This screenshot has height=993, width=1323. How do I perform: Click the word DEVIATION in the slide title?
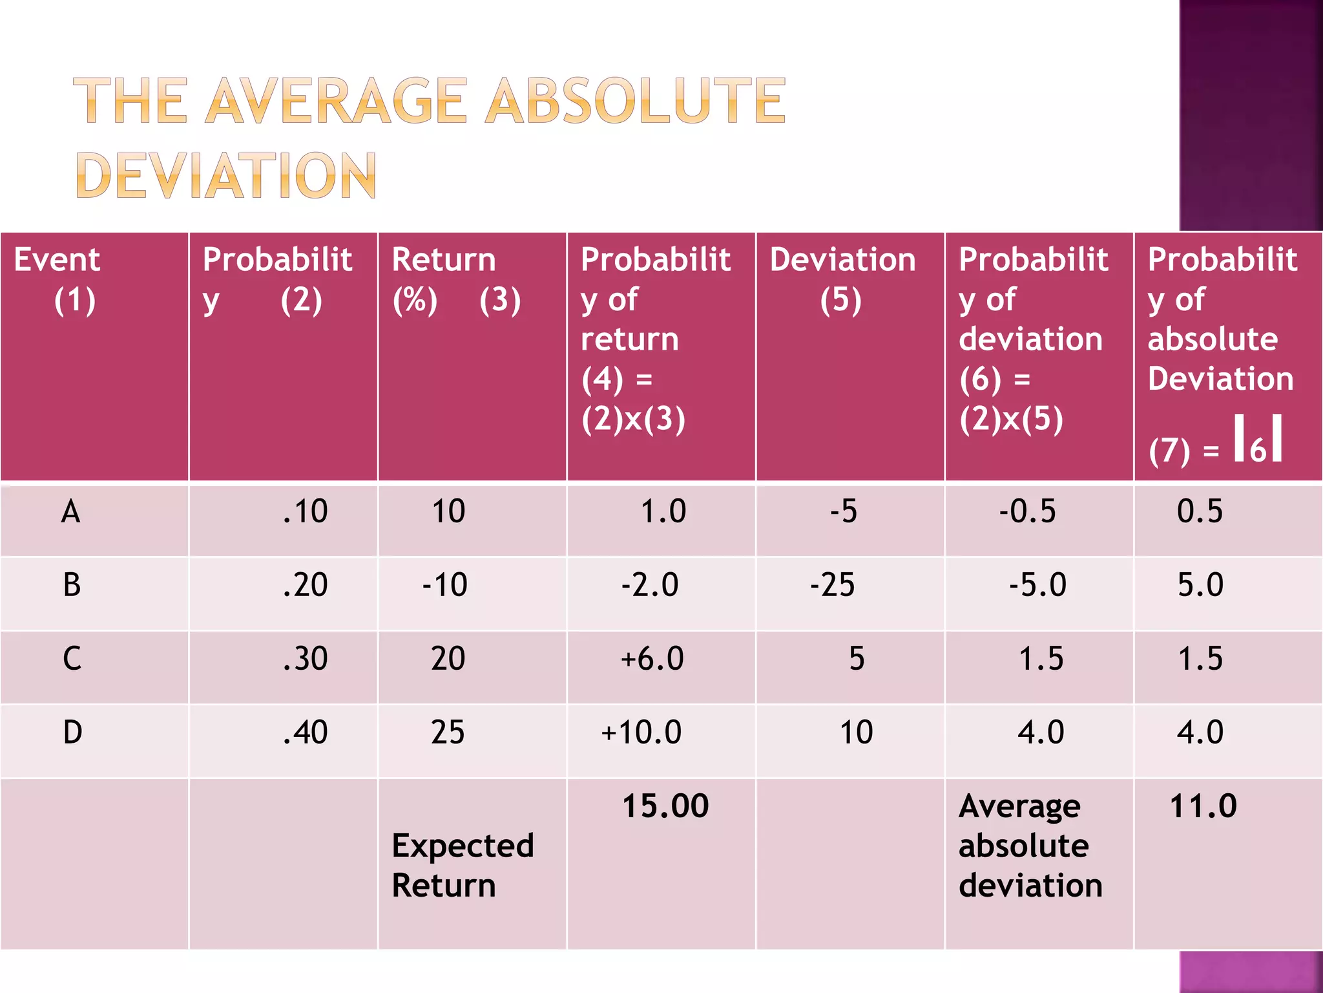pos(226,175)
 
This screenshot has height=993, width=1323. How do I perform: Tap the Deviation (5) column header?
pos(842,279)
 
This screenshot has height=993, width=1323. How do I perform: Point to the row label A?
pos(70,511)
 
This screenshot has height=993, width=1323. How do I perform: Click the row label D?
pos(72,732)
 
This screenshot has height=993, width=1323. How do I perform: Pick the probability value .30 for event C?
pos(305,659)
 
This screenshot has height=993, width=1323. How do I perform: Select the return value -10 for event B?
pos(445,585)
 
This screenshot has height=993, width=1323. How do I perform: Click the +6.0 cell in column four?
pos(652,659)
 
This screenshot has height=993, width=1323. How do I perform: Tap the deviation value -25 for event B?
pos(832,585)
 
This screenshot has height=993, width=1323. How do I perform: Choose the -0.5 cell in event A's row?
pos(1027,511)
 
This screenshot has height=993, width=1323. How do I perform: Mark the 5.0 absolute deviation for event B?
pos(1200,585)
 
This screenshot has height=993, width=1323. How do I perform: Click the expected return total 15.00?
pos(665,806)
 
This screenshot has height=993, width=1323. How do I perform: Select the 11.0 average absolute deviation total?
pos(1203,806)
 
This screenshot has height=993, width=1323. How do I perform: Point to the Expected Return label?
pos(463,865)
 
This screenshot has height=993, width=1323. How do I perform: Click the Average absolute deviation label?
pos(1030,846)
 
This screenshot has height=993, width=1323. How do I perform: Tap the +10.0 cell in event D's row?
pos(641,732)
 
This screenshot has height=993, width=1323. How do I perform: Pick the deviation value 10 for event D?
pos(856,732)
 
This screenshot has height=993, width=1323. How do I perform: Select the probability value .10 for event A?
pos(305,511)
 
